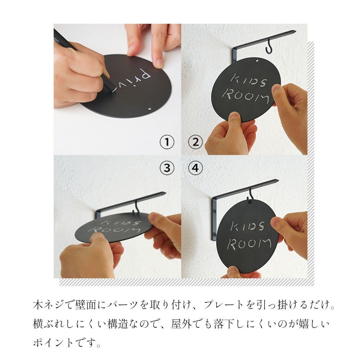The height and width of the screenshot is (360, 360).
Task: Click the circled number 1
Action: (x=167, y=142)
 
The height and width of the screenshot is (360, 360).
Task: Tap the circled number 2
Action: (x=195, y=142)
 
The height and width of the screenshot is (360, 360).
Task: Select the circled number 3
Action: (x=167, y=168)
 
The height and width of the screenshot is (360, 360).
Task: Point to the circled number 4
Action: (x=195, y=168)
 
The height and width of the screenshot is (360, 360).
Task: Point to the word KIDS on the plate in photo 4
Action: (x=248, y=226)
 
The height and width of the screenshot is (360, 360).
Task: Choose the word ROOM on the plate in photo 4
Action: (x=249, y=244)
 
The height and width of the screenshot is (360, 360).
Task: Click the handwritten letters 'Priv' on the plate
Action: (x=133, y=80)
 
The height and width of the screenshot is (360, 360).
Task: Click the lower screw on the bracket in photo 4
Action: (x=215, y=234)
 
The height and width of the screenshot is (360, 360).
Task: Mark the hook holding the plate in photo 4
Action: (x=251, y=195)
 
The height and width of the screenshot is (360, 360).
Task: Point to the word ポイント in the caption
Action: (x=53, y=343)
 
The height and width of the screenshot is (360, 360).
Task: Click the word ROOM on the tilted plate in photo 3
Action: (x=114, y=230)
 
